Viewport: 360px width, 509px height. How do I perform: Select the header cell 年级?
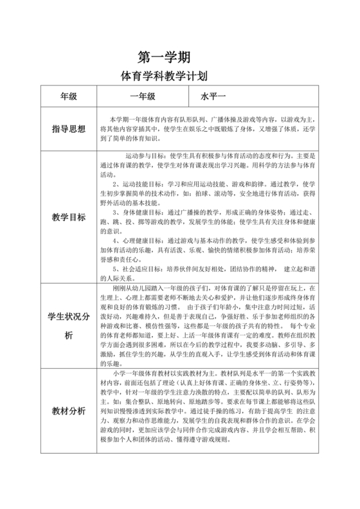(x=69, y=97)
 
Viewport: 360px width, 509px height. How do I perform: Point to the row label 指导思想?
(x=69, y=129)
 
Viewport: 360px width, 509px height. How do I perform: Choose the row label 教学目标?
(x=69, y=217)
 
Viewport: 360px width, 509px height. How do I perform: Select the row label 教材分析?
(x=69, y=411)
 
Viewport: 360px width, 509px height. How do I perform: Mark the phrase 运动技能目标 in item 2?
(x=141, y=183)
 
